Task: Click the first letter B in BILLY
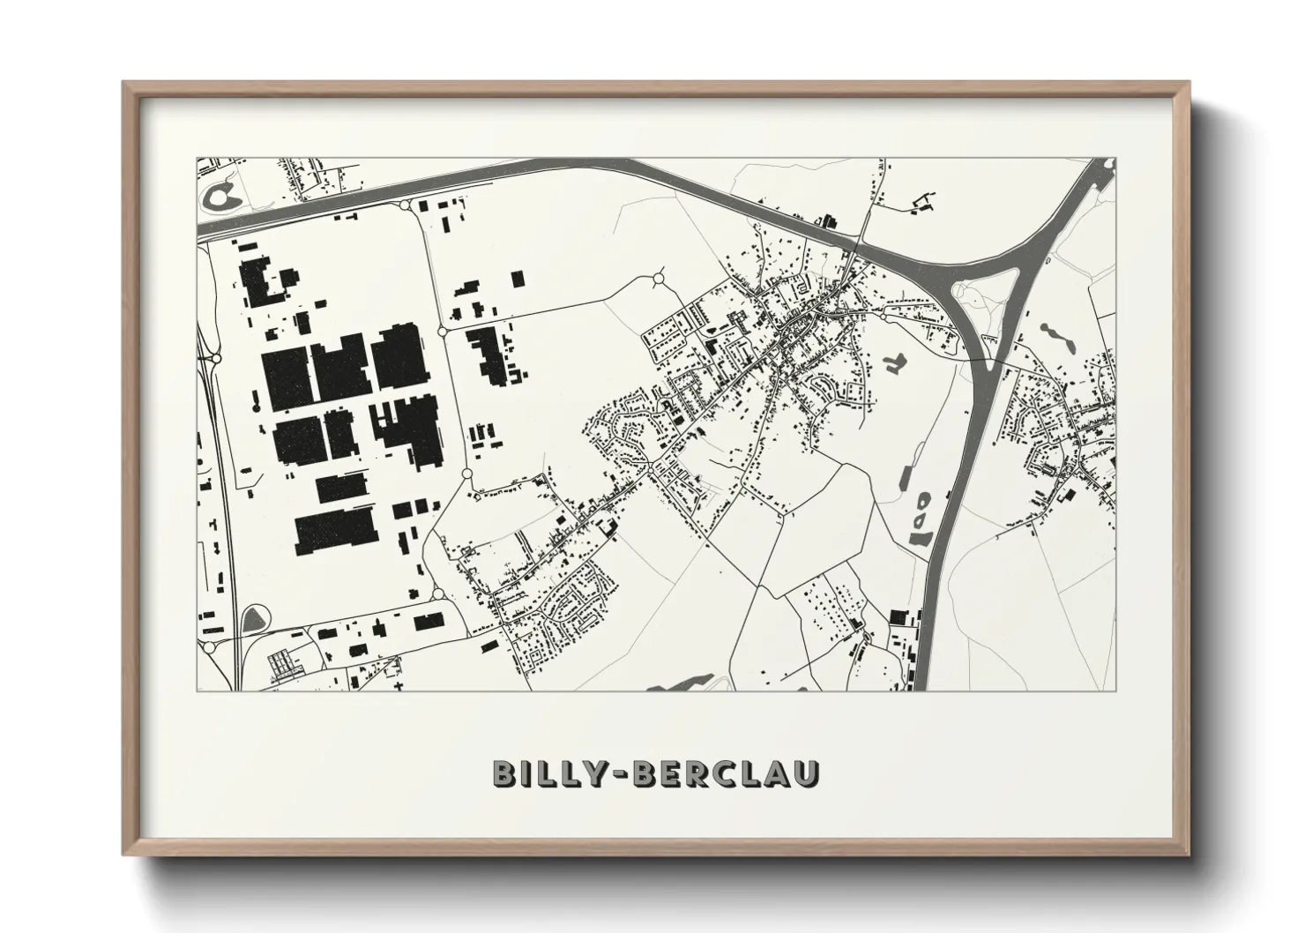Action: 506,773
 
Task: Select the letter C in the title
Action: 741,773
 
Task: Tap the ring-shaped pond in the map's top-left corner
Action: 218,196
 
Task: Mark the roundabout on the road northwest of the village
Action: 659,280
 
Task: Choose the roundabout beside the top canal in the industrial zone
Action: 406,205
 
